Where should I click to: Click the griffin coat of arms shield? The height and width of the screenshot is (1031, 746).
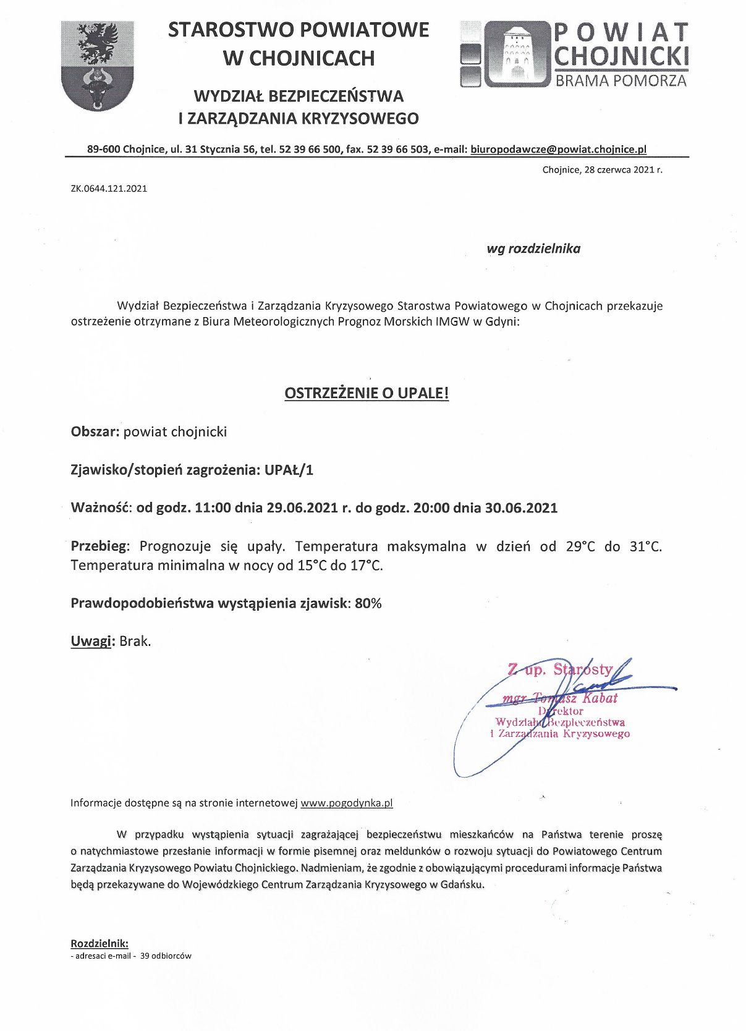98,65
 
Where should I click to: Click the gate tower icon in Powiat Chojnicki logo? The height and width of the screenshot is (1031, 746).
516,54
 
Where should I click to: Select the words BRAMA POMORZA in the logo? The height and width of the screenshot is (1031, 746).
621,80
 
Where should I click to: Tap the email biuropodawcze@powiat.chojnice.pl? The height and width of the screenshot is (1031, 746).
558,149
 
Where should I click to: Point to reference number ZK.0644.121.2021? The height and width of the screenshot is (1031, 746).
109,189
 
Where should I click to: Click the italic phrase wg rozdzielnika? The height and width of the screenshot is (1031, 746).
533,248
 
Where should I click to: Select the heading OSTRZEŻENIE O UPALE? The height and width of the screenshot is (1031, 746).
367,393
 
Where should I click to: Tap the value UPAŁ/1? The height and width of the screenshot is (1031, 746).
289,470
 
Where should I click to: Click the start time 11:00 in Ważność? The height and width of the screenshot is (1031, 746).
213,508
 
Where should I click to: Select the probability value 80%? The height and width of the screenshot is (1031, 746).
368,603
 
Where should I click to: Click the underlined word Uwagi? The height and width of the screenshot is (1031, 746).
91,641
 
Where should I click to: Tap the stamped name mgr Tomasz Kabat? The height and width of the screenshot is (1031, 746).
560,698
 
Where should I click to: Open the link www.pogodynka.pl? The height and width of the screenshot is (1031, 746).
346,803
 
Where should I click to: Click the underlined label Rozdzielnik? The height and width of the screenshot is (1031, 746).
100,943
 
